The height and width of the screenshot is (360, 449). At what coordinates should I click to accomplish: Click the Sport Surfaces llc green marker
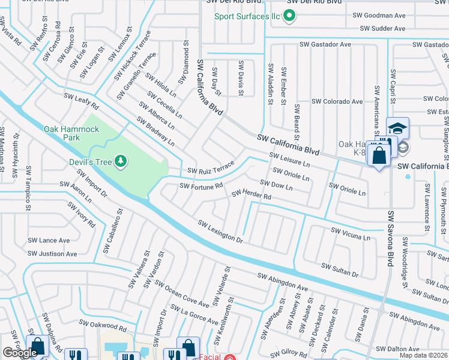(289, 16)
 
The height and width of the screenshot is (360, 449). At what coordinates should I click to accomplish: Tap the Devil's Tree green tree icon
(121, 160)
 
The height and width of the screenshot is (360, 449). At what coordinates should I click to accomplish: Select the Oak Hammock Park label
(71, 133)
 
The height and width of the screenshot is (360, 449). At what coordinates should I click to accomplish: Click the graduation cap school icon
(397, 128)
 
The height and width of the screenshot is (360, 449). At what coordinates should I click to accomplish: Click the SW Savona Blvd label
(391, 239)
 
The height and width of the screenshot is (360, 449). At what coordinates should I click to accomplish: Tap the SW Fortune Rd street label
(202, 186)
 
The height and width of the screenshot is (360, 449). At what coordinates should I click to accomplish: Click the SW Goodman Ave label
(379, 15)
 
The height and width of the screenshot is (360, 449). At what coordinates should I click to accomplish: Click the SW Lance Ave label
(49, 240)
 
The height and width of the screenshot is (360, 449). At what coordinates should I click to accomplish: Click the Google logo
(20, 353)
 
